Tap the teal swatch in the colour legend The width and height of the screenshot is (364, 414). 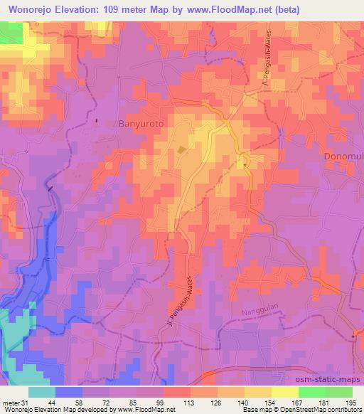(x=42, y=391)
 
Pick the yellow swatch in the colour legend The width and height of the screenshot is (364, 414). (x=284, y=391)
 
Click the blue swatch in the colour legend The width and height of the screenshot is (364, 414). (x=69, y=391)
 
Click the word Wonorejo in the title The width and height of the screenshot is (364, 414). (x=33, y=10)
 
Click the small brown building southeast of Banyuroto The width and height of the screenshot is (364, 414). (x=181, y=150)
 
